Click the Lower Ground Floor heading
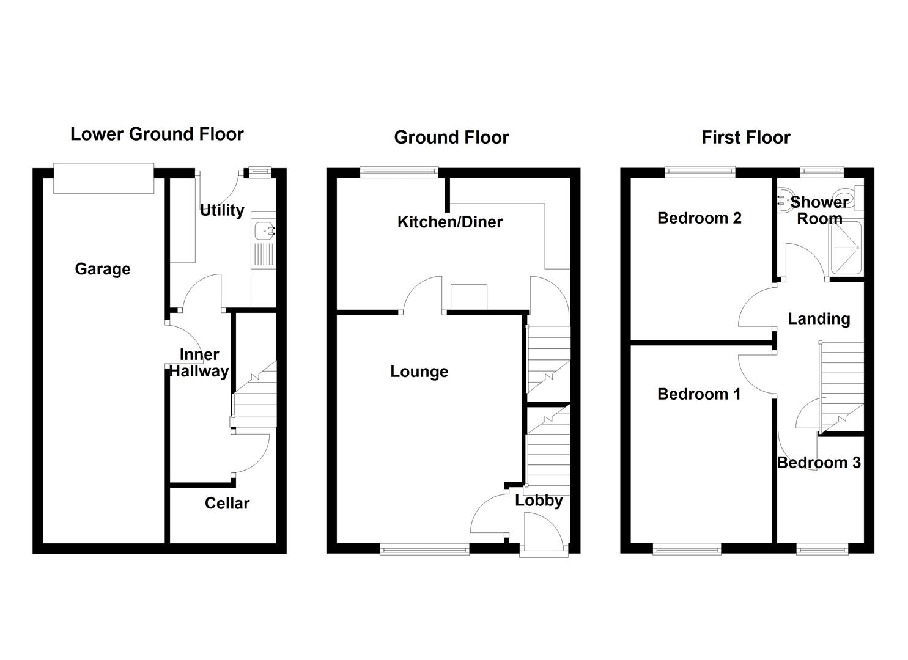click(x=157, y=134)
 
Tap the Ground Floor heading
click(x=451, y=137)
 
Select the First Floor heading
click(x=745, y=137)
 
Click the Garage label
click(x=103, y=269)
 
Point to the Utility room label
click(x=222, y=210)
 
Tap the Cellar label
click(x=227, y=503)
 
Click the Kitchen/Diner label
click(x=450, y=222)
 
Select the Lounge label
click(x=419, y=372)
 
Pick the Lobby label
click(x=539, y=501)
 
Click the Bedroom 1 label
click(x=699, y=394)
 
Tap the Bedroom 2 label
click(x=699, y=218)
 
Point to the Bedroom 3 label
click(x=819, y=463)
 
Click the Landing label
click(x=819, y=318)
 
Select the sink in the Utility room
click(x=264, y=231)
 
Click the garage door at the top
click(x=103, y=177)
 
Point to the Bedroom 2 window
click(x=700, y=172)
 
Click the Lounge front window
click(x=424, y=550)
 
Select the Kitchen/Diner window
click(x=399, y=172)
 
